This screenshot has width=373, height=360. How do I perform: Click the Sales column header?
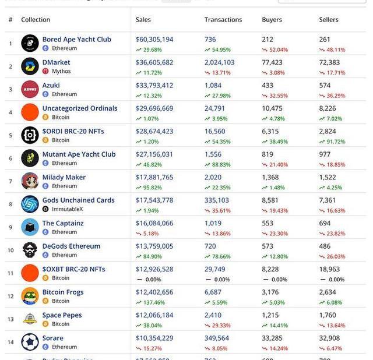click(143, 20)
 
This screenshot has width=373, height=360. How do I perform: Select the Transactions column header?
click(223, 20)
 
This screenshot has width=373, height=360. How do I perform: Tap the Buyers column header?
click(272, 20)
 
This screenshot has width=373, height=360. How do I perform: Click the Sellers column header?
click(329, 20)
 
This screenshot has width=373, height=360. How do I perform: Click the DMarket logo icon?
click(30, 66)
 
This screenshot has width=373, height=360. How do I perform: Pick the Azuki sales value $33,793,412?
click(154, 86)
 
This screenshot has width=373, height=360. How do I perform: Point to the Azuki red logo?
click(30, 89)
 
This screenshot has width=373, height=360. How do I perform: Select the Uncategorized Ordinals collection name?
click(79, 108)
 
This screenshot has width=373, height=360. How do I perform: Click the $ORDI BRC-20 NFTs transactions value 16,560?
click(215, 132)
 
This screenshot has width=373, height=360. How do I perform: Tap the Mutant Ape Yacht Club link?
click(79, 154)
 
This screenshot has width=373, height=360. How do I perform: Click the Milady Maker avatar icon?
click(30, 181)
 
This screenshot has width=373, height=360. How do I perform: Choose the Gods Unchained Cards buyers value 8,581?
click(270, 200)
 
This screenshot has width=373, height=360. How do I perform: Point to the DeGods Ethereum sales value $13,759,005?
click(154, 246)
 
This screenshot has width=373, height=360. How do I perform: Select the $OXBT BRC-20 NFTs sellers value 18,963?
click(329, 269)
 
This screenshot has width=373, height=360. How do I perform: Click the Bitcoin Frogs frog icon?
click(30, 296)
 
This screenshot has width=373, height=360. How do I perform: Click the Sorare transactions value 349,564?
click(217, 338)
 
